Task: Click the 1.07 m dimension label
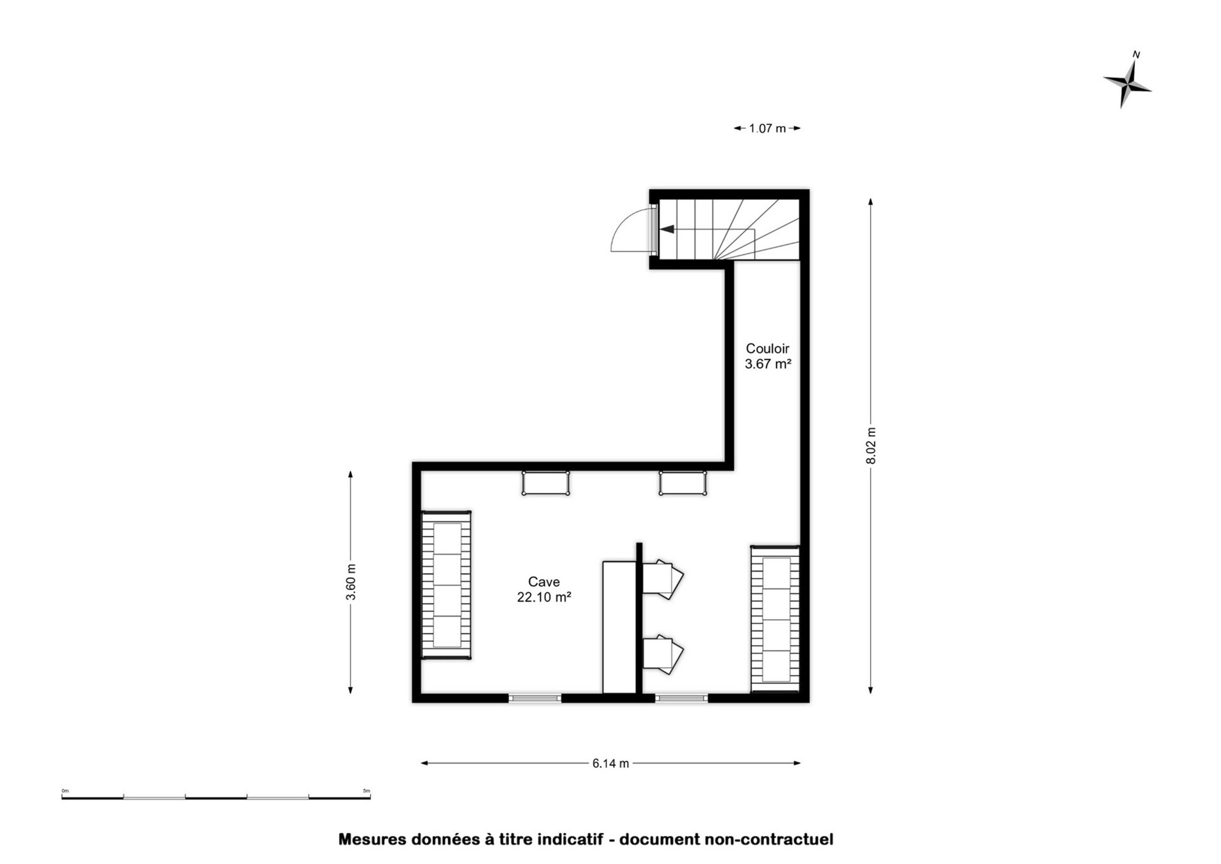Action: (767, 128)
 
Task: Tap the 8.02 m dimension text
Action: (871, 446)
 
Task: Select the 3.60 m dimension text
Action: (351, 582)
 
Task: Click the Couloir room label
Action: (767, 349)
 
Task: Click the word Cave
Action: (544, 582)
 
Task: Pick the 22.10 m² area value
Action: (544, 598)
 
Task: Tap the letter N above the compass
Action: (1136, 54)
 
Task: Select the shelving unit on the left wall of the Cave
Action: (446, 585)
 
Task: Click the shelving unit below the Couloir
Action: (775, 619)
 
